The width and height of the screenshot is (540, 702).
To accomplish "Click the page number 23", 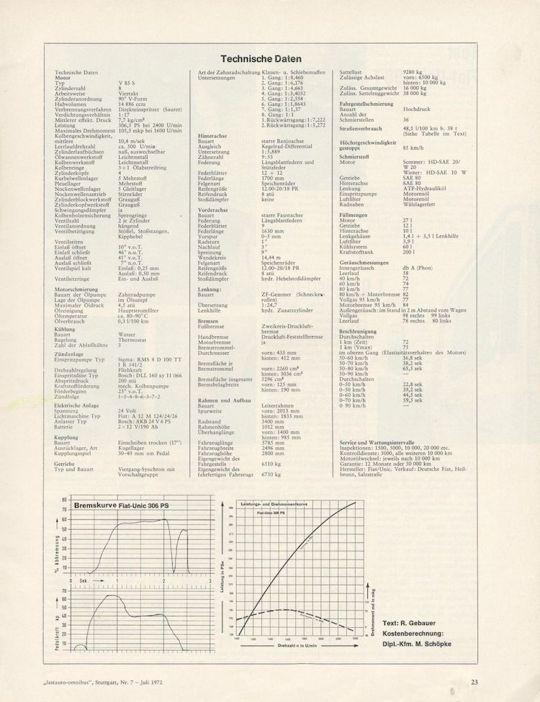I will (474, 681).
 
